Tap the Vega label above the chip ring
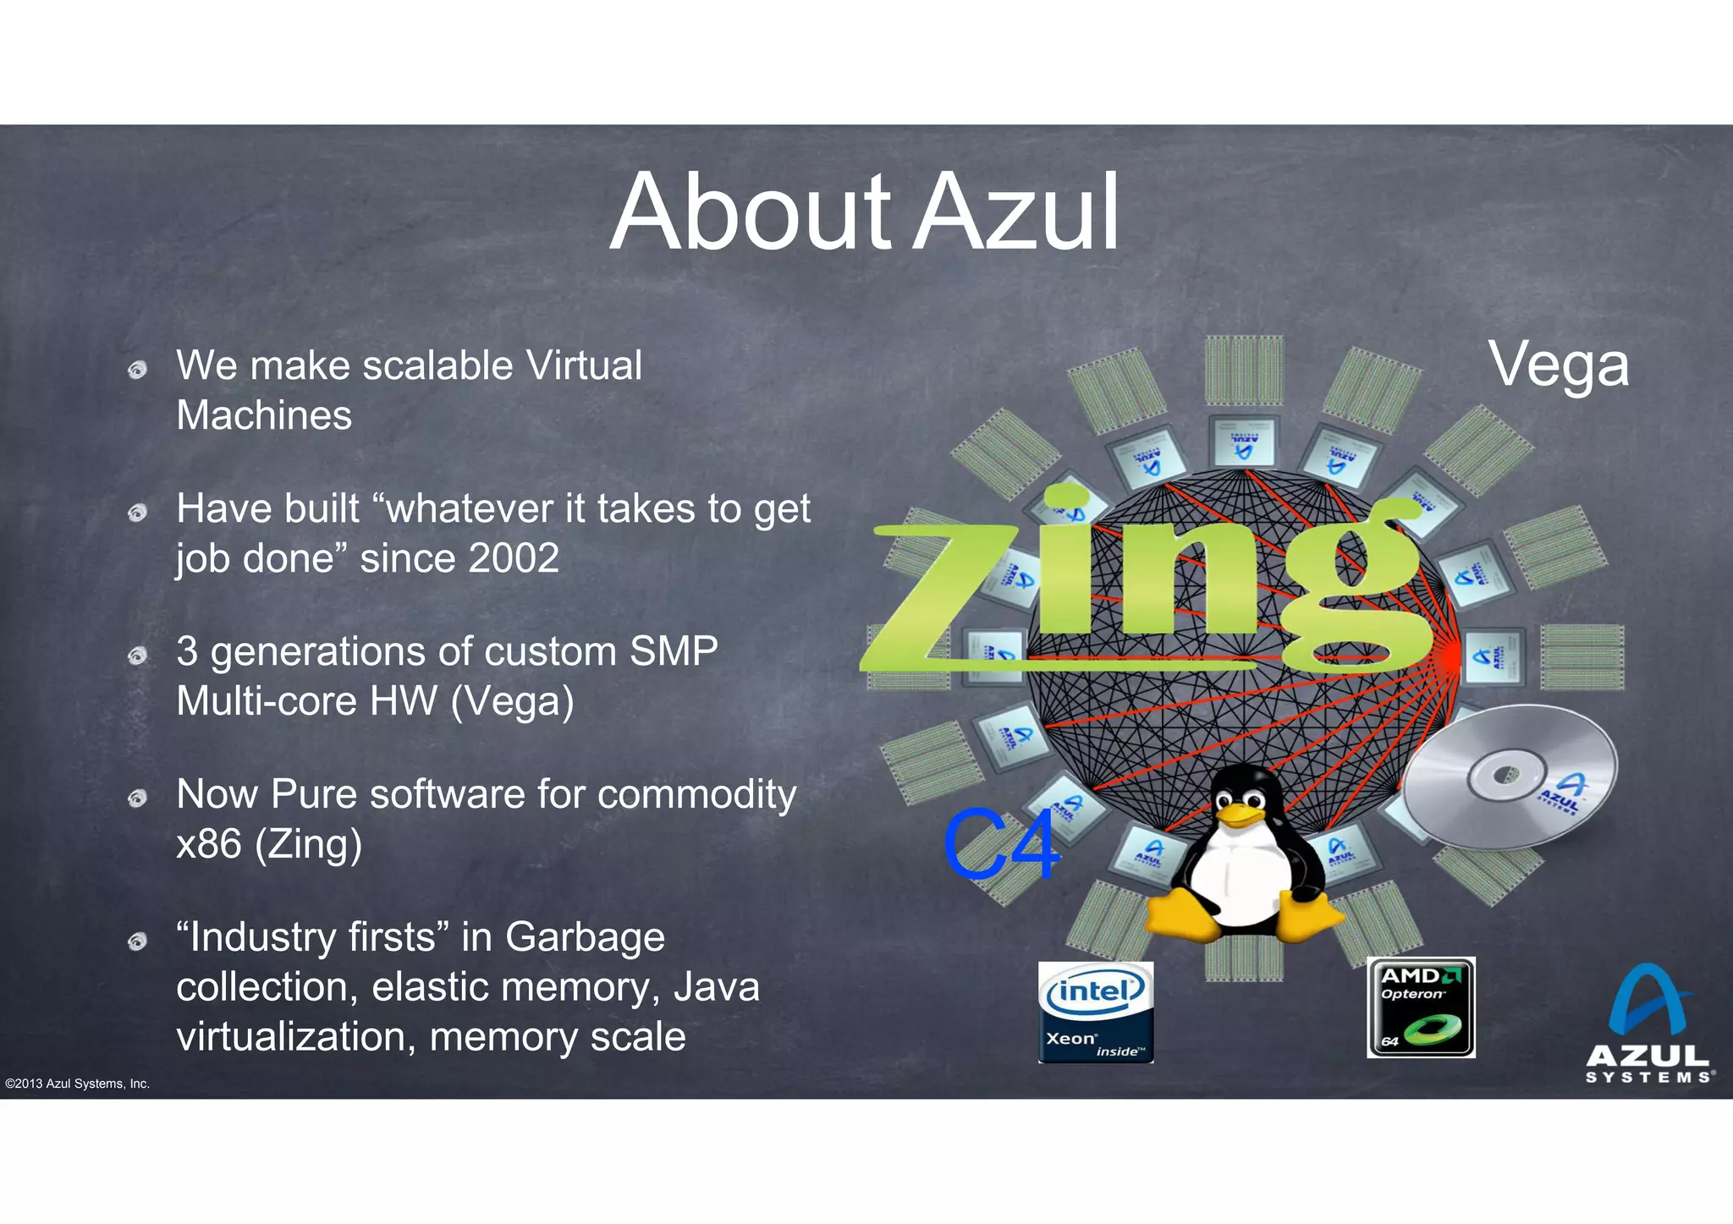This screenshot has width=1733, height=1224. point(1559,364)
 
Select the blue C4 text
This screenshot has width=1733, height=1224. point(1001,843)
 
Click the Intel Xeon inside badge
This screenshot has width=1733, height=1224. point(1096,1012)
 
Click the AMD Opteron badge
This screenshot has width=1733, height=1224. point(1421,1007)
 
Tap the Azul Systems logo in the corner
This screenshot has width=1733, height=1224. point(1649,1024)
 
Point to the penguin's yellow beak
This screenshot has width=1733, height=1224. point(1238,815)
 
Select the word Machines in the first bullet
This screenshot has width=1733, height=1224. point(264,415)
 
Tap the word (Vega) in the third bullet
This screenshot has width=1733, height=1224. point(513,701)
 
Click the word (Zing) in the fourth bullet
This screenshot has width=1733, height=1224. point(309,844)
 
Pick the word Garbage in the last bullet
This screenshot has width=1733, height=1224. point(585,937)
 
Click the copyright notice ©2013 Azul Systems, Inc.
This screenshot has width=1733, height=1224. point(77,1084)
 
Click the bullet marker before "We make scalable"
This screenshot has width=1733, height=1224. point(137,370)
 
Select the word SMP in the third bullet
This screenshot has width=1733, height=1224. point(674,651)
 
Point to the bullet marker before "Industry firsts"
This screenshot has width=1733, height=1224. point(137,941)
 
